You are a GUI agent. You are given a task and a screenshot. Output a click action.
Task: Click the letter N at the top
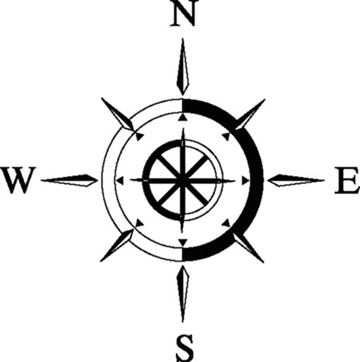pyautogui.click(x=182, y=14)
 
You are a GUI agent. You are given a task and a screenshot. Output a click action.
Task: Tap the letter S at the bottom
pyautogui.click(x=185, y=348)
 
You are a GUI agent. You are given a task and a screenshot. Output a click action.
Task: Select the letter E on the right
pyautogui.click(x=346, y=180)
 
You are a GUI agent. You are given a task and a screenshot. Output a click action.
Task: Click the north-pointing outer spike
pyautogui.click(x=182, y=66)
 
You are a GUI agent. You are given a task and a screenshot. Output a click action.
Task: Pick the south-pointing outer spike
pyautogui.click(x=182, y=294)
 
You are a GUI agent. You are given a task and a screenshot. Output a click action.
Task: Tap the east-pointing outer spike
pyautogui.click(x=296, y=180)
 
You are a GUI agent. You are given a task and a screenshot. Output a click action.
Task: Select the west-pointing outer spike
pyautogui.click(x=70, y=180)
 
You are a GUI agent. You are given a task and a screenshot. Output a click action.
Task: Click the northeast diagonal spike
pyautogui.click(x=250, y=115)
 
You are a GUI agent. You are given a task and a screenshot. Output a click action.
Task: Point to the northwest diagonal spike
pyautogui.click(x=118, y=115)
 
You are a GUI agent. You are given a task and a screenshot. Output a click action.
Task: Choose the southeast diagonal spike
pyautogui.click(x=249, y=247)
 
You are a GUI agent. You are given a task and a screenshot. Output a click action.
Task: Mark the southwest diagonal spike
pyautogui.click(x=117, y=245)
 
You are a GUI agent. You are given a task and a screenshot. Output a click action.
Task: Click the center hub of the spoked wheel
pyautogui.click(x=182, y=180)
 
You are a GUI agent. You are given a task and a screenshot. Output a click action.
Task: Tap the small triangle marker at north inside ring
pyautogui.click(x=182, y=117)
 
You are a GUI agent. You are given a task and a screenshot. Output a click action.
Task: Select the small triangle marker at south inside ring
pyautogui.click(x=182, y=243)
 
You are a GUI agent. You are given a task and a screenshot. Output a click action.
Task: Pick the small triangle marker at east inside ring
pyautogui.click(x=246, y=180)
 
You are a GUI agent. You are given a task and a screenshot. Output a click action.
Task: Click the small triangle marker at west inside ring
pyautogui.click(x=121, y=180)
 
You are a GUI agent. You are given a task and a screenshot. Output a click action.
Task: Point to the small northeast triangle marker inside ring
pyautogui.click(x=226, y=136)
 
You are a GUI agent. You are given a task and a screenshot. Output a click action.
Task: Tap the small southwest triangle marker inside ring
pyautogui.click(x=139, y=223)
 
